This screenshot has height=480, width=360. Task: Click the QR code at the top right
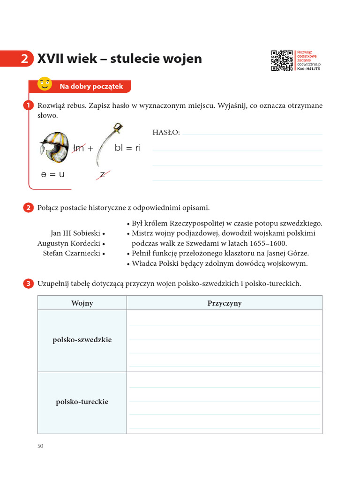(282, 60)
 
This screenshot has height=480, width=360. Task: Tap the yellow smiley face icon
(45, 83)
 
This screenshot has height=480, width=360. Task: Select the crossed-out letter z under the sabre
(103, 174)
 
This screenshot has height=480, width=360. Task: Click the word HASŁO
(166, 133)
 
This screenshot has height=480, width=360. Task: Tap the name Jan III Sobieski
(75, 233)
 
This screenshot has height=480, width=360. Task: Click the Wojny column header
(82, 303)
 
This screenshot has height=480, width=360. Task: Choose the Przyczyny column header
(225, 303)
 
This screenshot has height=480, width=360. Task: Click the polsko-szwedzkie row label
(82, 340)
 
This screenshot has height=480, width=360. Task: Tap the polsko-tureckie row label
(82, 402)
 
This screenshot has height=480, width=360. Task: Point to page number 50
(40, 446)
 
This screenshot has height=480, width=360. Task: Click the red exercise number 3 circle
(28, 284)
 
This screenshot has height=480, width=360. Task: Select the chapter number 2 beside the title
(24, 59)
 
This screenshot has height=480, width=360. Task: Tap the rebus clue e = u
(52, 174)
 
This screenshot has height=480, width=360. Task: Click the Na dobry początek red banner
(91, 86)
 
